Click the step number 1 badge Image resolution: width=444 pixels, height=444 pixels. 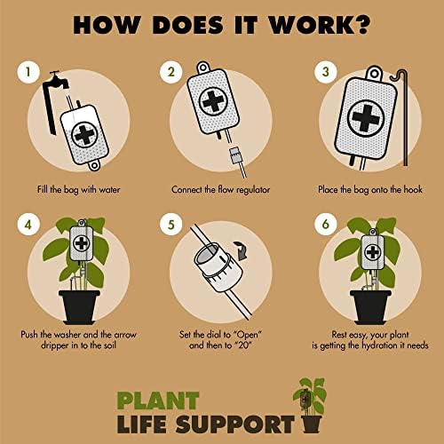point(28,72)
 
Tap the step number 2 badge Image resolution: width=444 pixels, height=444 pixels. point(171,72)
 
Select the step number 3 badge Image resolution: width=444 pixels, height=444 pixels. point(326,72)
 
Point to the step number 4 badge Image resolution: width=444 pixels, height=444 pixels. point(28,225)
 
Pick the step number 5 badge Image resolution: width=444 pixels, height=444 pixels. point(171,225)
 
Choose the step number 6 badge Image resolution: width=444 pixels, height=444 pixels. point(326,225)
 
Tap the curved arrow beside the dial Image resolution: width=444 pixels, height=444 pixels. point(242,250)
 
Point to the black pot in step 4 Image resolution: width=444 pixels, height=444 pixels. point(79,307)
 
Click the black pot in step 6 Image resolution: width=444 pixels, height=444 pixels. point(370,307)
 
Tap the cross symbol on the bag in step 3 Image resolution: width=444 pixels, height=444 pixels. point(366,118)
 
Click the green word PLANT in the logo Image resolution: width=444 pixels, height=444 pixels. point(158,400)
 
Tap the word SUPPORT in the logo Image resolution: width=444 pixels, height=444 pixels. point(234,424)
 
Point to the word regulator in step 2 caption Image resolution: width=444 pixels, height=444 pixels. point(253,190)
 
